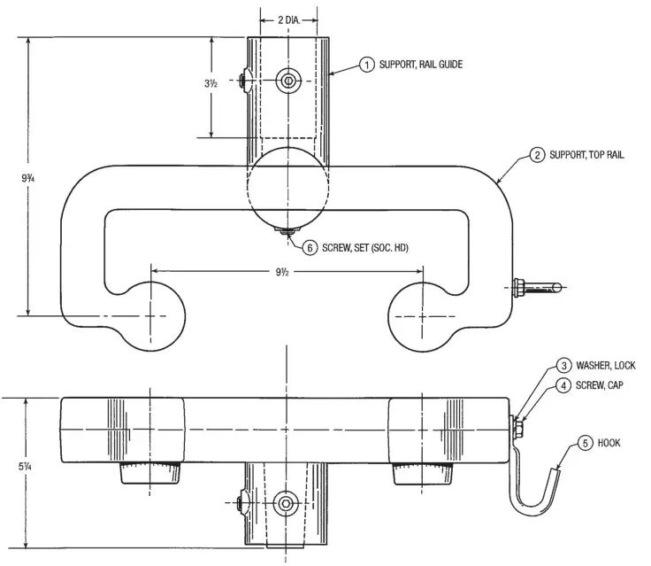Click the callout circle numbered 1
(x=366, y=64)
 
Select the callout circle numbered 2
(x=537, y=154)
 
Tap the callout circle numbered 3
(x=563, y=365)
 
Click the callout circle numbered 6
(x=310, y=248)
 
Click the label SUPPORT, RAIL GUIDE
(x=421, y=64)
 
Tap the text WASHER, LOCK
(x=606, y=365)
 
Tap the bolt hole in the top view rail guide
(x=287, y=80)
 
